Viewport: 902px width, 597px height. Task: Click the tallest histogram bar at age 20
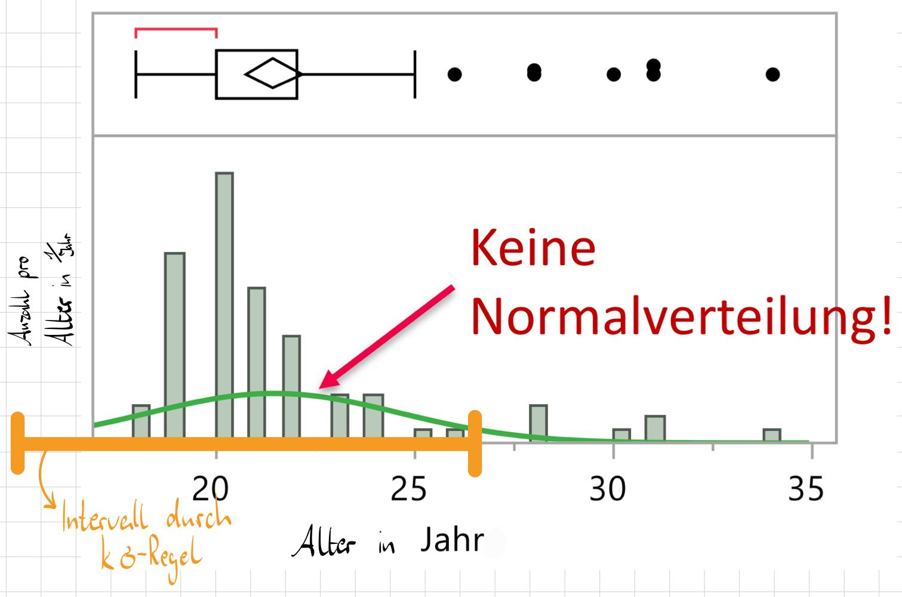click(x=224, y=298)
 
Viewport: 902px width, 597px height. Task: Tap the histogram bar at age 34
click(x=772, y=435)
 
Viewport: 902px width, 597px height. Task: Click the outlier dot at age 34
click(x=772, y=75)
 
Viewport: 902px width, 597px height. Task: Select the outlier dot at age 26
click(x=455, y=75)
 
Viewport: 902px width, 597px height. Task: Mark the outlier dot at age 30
click(x=614, y=75)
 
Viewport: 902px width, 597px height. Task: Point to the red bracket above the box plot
click(x=176, y=29)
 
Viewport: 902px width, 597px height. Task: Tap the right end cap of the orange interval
click(x=475, y=443)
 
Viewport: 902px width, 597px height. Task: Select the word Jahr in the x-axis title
click(x=452, y=540)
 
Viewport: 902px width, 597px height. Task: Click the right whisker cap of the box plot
click(x=414, y=75)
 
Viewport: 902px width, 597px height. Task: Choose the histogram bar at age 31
click(x=655, y=428)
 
